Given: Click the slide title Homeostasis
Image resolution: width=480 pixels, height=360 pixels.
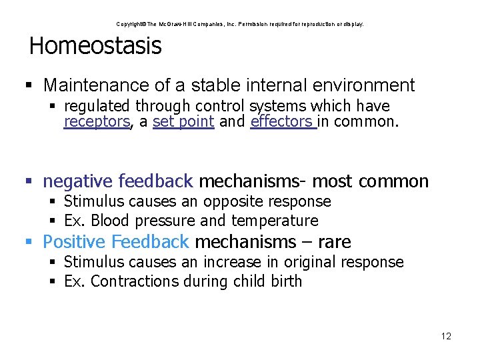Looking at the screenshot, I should [x=95, y=46].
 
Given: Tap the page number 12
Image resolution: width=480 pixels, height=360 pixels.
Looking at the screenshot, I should [x=446, y=336].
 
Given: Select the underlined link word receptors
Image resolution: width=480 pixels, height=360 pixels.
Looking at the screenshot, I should [x=97, y=122].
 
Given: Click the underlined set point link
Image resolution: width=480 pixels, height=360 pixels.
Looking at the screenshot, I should [x=183, y=122].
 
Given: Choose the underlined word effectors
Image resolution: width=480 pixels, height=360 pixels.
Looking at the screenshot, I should [x=281, y=122].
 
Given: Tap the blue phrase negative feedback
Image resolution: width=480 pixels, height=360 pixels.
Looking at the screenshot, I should [x=118, y=181].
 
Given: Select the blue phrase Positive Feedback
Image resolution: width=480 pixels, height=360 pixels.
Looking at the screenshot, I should [x=116, y=241].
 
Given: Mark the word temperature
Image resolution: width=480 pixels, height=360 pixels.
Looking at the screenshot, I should [x=275, y=221].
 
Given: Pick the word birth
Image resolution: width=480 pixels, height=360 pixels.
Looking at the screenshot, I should [x=285, y=281].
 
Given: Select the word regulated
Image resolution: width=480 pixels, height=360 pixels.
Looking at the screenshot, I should [x=98, y=106].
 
